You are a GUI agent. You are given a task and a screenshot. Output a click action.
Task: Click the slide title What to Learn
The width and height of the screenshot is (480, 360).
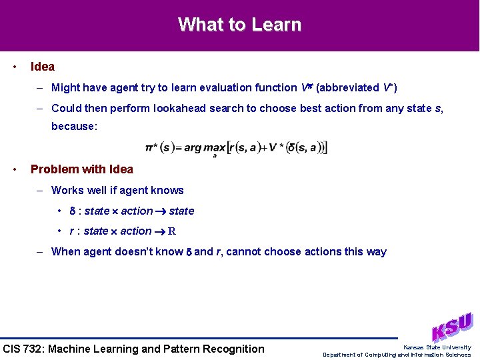coord(239,25)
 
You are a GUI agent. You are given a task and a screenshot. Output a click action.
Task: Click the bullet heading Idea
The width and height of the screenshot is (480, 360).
coord(43,67)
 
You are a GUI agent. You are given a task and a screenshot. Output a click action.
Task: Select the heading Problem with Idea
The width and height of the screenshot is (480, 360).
coord(82,169)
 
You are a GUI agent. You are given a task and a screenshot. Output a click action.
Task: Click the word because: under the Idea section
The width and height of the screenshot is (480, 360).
coord(74,125)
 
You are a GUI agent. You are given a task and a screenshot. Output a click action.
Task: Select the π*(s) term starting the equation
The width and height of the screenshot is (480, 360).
coord(159,147)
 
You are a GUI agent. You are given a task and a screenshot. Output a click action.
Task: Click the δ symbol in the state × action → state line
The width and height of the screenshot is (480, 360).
coord(73,211)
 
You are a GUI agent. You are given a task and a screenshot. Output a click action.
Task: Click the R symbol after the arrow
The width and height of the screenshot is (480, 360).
coord(172,231)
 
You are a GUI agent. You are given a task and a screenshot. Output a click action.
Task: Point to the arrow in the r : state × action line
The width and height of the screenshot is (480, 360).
coord(159,231)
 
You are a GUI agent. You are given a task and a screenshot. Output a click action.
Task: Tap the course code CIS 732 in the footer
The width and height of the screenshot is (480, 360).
coord(25,349)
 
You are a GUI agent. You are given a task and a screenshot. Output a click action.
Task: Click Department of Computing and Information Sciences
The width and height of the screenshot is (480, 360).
coord(397,355)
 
